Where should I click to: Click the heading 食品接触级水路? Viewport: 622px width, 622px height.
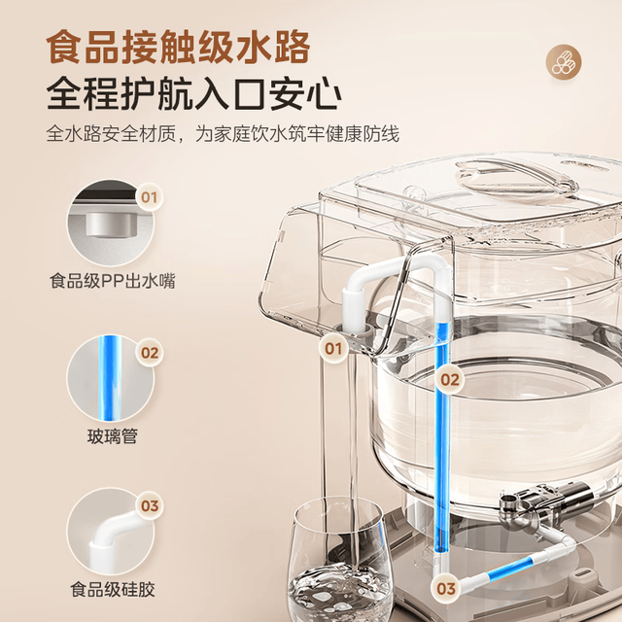[x=178, y=47]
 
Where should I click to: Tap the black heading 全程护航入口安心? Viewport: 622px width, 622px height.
[x=194, y=94]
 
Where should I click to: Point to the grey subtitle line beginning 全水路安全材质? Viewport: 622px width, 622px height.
[x=223, y=133]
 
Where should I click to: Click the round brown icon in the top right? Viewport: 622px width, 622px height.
[x=564, y=62]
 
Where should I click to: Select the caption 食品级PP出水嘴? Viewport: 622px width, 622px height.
[x=113, y=281]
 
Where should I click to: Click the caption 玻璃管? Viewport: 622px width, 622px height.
[x=113, y=436]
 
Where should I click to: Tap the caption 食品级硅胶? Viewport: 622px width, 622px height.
[x=113, y=589]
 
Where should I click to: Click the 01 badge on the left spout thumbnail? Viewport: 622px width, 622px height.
[x=149, y=197]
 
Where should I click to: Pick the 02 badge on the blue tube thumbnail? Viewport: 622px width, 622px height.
[x=150, y=353]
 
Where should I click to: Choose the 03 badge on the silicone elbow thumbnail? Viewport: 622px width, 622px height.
[x=150, y=505]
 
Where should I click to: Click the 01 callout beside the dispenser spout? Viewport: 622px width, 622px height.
[x=333, y=349]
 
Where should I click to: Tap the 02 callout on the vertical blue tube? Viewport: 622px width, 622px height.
[x=449, y=380]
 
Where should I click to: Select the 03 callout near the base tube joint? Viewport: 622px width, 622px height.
[x=446, y=589]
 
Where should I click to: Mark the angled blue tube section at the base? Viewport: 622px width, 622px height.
[x=509, y=569]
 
